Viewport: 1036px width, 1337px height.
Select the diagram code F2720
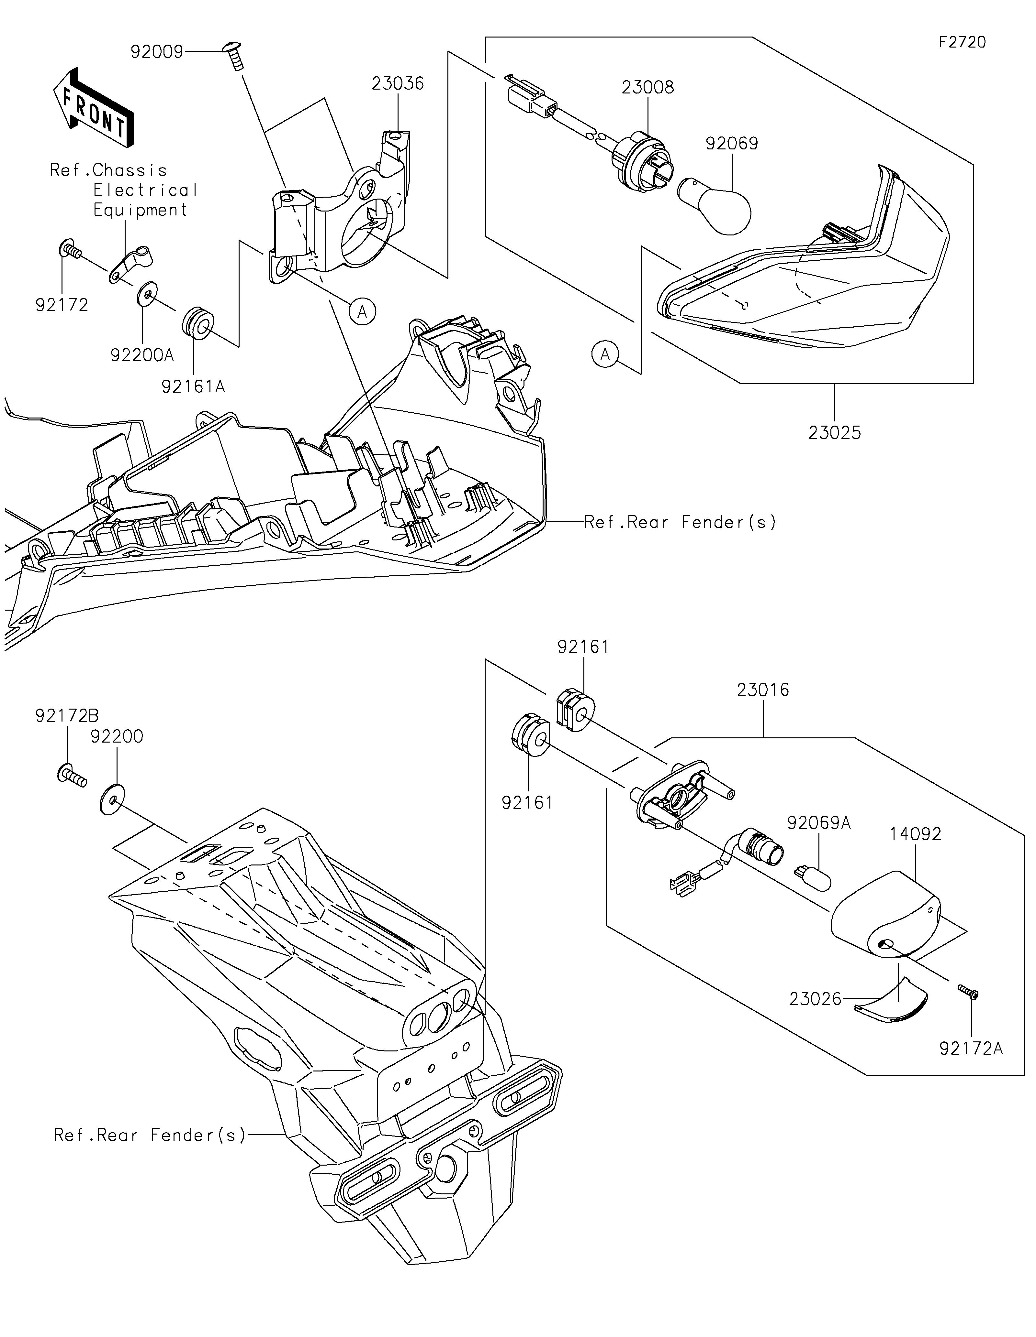coord(962,42)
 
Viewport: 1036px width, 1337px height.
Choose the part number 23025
coord(834,433)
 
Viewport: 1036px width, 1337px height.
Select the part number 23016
coord(763,690)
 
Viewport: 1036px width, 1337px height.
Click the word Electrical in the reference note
coord(145,190)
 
